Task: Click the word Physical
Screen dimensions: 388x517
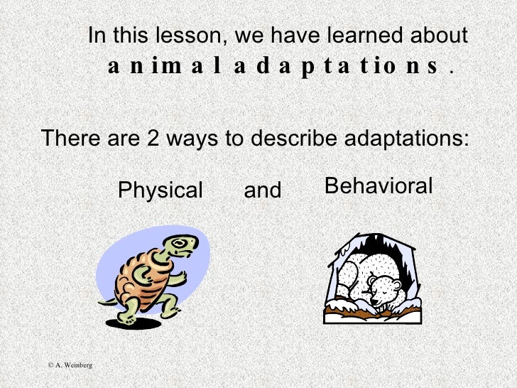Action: [x=160, y=190]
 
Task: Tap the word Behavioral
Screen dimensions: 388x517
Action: [x=378, y=186]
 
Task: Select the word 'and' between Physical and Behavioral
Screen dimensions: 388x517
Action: [x=263, y=190]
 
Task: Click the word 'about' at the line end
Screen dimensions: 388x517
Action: [x=441, y=36]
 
